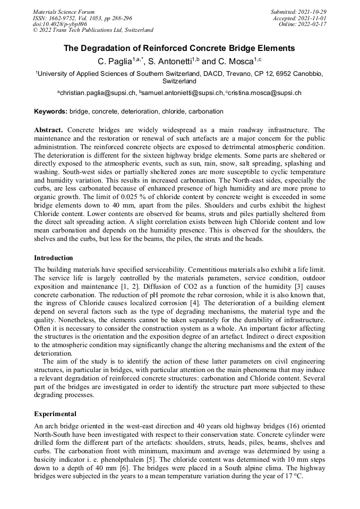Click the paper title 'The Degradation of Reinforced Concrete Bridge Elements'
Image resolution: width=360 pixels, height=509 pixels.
tap(179, 48)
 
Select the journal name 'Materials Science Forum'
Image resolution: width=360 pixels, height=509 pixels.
tap(64, 12)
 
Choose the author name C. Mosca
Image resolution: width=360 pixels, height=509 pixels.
tap(235, 62)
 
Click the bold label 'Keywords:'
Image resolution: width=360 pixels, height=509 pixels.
tap(50, 111)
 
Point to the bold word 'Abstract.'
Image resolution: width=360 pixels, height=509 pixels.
tap(49, 130)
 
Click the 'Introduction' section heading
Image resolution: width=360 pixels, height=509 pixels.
tap(54, 258)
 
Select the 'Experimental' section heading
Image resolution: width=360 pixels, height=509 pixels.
tap(55, 413)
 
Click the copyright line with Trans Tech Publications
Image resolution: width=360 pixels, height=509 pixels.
tap(93, 30)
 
